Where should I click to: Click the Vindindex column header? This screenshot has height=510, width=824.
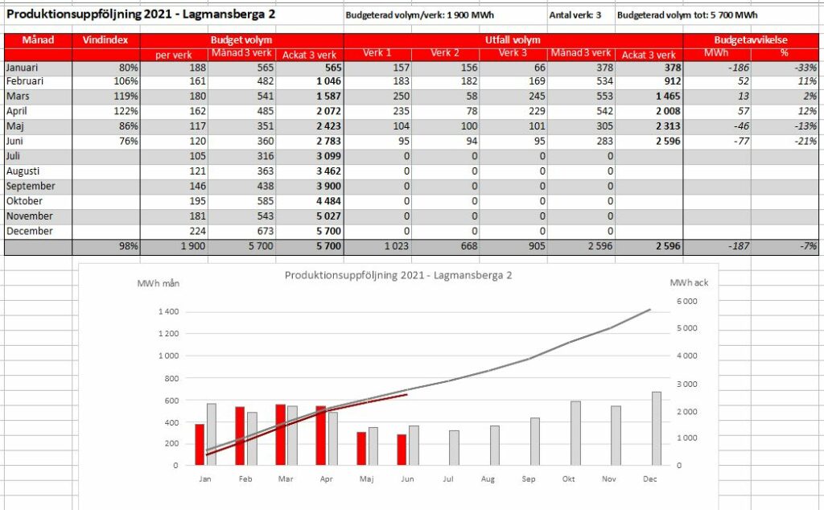point(105,40)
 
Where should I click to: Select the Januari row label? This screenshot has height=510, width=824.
point(22,68)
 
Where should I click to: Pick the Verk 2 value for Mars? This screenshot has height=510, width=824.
point(472,96)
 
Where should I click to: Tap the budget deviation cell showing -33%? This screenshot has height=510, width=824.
point(805,68)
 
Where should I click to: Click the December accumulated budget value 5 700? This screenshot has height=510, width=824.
point(328,231)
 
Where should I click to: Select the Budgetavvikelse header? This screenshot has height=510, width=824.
point(751,40)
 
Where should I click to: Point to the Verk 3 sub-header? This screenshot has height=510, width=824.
point(513,53)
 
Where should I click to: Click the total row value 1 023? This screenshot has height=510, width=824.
point(396,246)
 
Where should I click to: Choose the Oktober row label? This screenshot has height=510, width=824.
point(24,201)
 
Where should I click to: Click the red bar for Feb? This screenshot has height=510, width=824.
point(240,436)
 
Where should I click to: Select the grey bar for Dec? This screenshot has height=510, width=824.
point(657,429)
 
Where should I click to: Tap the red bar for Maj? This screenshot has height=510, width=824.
point(361,449)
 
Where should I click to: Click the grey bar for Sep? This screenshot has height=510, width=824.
point(535,442)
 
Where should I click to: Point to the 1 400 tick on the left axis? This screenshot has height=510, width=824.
point(168,311)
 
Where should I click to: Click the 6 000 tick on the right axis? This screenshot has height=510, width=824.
point(687,302)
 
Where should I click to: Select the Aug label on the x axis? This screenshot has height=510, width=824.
point(488,479)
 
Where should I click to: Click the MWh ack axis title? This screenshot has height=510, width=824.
point(689,282)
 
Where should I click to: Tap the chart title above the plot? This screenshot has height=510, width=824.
point(398,275)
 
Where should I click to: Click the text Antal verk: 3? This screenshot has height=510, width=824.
point(575,15)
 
